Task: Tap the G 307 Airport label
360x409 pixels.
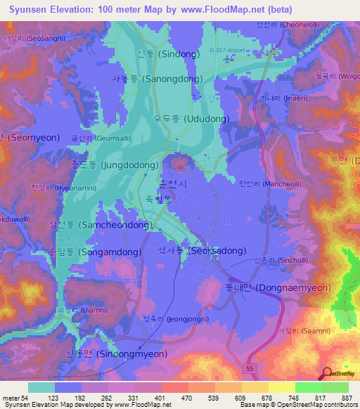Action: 232,50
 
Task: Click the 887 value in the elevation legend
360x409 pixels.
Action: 347,397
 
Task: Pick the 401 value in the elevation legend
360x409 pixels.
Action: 159,397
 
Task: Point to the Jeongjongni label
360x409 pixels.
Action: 168,318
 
